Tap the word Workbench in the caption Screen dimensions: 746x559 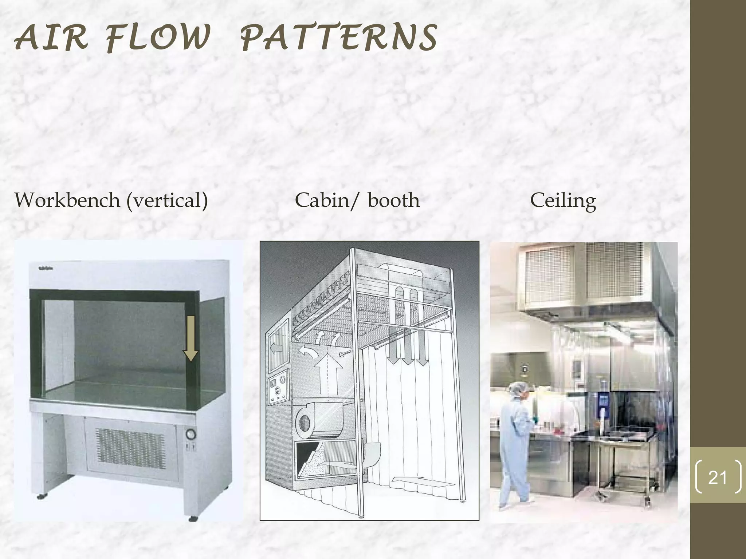point(67,200)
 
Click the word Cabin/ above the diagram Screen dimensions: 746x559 point(326,200)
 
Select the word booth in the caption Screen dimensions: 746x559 point(394,200)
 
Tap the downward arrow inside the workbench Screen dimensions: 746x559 point(190,338)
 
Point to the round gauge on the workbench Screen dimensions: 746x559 point(191,434)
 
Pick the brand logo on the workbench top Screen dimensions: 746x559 point(48,269)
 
